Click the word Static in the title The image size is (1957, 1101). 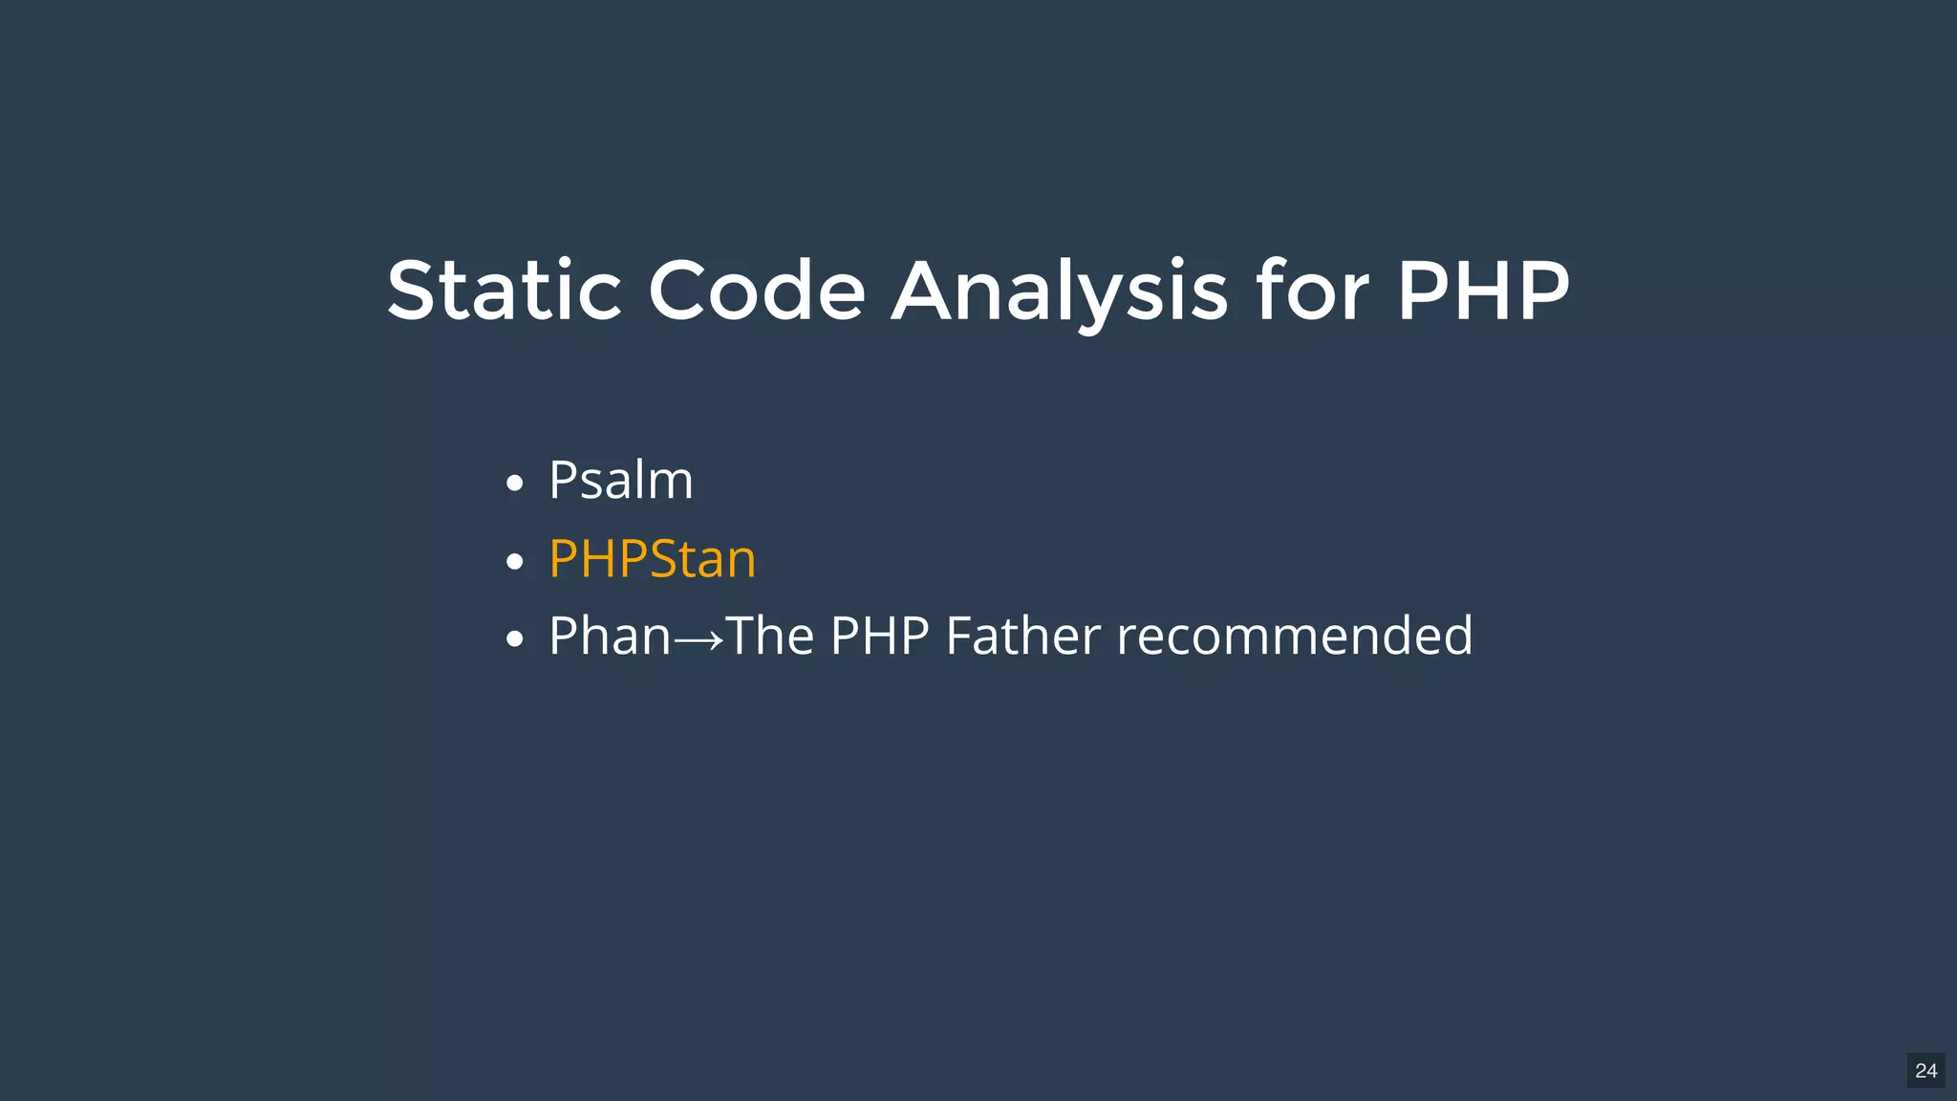pyautogui.click(x=505, y=291)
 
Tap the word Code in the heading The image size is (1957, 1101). pyautogui.click(x=757, y=291)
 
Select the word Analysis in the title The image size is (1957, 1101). pyautogui.click(x=1059, y=291)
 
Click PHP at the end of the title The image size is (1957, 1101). pyautogui.click(x=1483, y=291)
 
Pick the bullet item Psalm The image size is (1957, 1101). pyautogui.click(x=620, y=480)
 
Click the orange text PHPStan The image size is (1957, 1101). pyautogui.click(x=652, y=558)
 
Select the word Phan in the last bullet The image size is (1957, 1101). pyautogui.click(x=610, y=636)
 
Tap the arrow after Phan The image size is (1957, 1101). pyautogui.click(x=699, y=639)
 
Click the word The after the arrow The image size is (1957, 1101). pyautogui.click(x=769, y=636)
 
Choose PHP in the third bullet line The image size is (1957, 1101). pyautogui.click(x=879, y=636)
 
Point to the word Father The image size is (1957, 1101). pyautogui.click(x=1022, y=636)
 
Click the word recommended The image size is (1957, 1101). pyautogui.click(x=1295, y=636)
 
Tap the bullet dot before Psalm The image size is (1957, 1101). pyautogui.click(x=515, y=484)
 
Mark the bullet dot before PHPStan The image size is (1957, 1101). pyautogui.click(x=515, y=562)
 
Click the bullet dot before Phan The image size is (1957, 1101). pyautogui.click(x=515, y=639)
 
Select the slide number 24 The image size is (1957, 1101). pyautogui.click(x=1925, y=1070)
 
